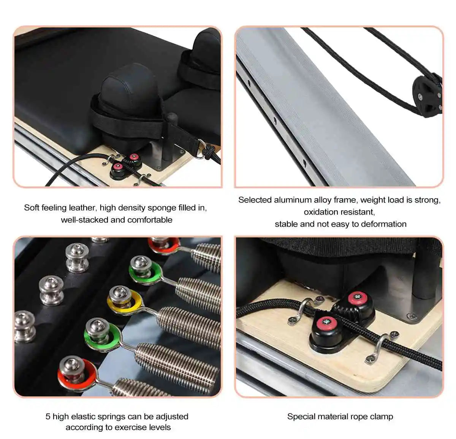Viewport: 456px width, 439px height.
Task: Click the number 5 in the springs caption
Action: (x=48, y=417)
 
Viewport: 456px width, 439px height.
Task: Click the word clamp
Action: (x=382, y=417)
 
